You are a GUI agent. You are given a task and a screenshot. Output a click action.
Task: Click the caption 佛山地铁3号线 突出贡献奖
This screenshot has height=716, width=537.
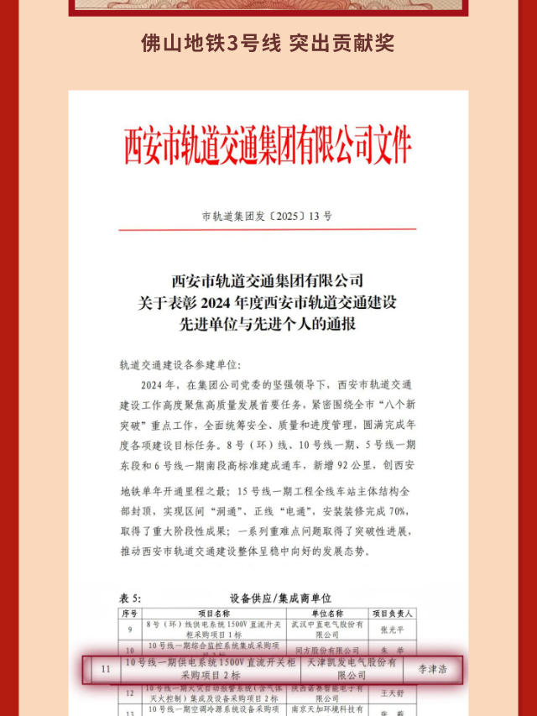(268, 43)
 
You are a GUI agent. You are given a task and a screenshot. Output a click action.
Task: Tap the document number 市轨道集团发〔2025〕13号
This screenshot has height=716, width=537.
(267, 217)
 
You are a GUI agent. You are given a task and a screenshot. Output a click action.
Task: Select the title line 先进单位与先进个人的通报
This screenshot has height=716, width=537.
(268, 323)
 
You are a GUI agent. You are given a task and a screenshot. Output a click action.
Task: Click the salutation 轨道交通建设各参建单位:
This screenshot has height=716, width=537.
(180, 365)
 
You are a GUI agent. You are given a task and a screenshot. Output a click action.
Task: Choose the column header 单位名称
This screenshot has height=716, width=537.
(327, 613)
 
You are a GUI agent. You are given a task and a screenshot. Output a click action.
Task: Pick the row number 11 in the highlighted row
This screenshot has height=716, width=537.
(105, 669)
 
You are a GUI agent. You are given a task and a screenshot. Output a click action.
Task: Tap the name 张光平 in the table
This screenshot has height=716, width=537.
(388, 629)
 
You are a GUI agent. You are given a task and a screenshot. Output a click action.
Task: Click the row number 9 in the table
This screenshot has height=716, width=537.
(130, 629)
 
